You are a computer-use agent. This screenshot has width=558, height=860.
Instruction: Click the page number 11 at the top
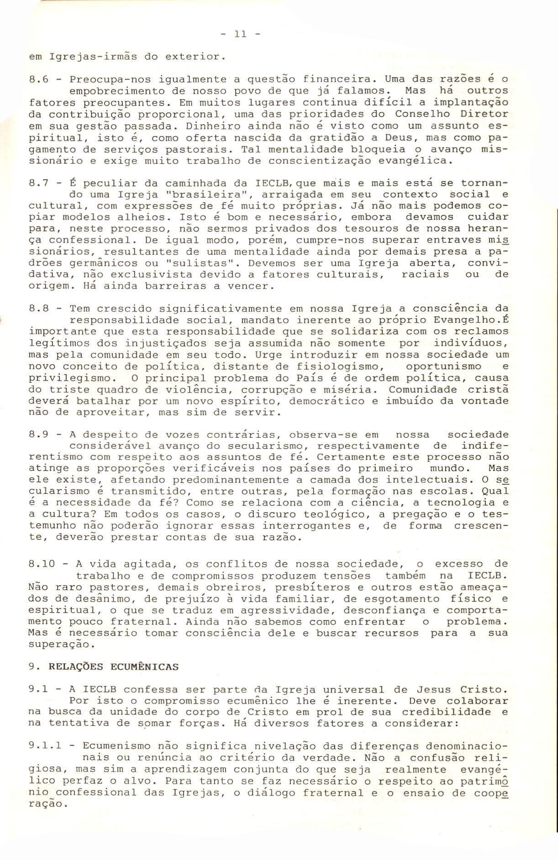click(x=240, y=34)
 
